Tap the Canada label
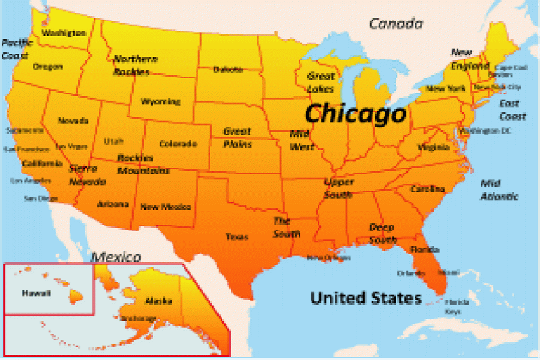click(395, 24)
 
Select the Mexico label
click(116, 257)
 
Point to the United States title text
click(365, 298)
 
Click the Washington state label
click(64, 33)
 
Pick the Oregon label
click(48, 67)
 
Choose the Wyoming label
click(161, 101)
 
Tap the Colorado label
click(178, 144)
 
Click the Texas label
click(237, 236)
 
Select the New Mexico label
click(166, 207)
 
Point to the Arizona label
click(113, 204)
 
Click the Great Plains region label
click(237, 137)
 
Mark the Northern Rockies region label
click(135, 65)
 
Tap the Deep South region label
click(382, 233)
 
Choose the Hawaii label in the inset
click(37, 293)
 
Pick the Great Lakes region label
click(321, 82)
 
